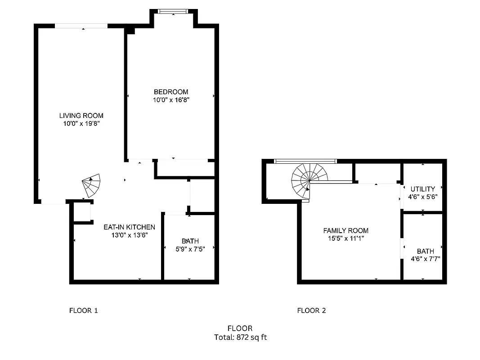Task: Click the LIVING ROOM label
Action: tap(81, 116)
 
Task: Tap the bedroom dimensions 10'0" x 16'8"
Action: tap(170, 100)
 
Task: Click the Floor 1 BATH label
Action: tap(190, 241)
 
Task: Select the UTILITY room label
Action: tap(422, 189)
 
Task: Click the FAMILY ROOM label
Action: tap(345, 231)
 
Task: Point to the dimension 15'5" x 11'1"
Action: tap(345, 238)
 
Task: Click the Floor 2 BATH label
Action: tap(425, 251)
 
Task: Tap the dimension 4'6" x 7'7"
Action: tap(425, 259)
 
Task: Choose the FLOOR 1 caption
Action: tap(83, 310)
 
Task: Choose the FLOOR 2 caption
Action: tap(311, 310)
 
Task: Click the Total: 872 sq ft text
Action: tap(240, 337)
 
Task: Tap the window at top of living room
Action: tap(81, 26)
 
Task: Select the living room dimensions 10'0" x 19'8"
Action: tap(81, 123)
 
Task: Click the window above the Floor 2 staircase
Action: tap(305, 161)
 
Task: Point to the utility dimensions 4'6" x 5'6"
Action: tap(422, 197)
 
